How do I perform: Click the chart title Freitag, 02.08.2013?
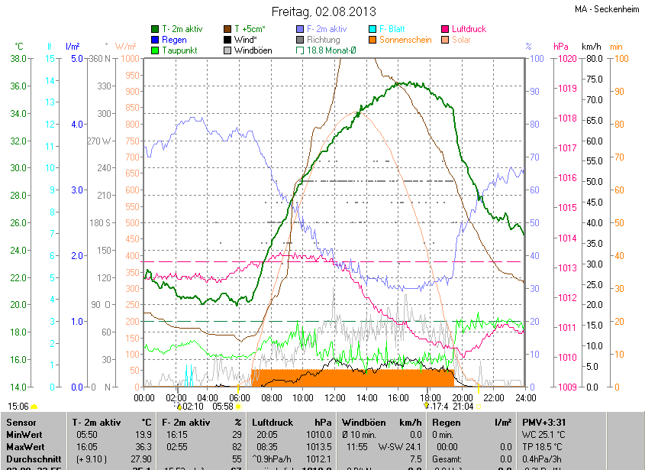pyautogui.click(x=323, y=11)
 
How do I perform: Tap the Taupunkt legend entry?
pyautogui.click(x=180, y=50)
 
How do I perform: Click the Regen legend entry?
pyautogui.click(x=174, y=40)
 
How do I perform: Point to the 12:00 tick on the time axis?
pyautogui.click(x=335, y=397)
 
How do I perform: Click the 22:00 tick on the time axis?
pyautogui.click(x=494, y=397)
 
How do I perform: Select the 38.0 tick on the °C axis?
pyautogui.click(x=20, y=58)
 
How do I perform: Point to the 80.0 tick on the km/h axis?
pyautogui.click(x=593, y=58)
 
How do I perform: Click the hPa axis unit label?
pyautogui.click(x=560, y=47)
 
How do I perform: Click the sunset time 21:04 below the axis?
pyautogui.click(x=463, y=407)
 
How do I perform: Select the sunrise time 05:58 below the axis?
pyautogui.click(x=223, y=407)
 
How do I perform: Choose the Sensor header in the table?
pyautogui.click(x=22, y=422)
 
